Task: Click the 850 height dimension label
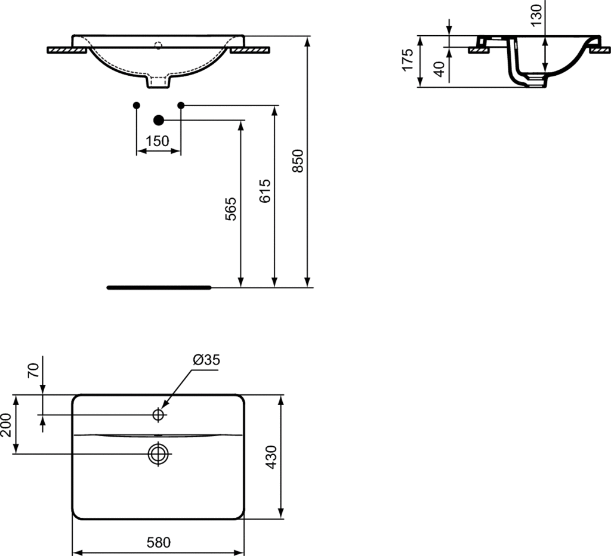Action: coord(297,160)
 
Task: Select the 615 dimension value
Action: coord(264,191)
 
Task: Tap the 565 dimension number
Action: coord(231,209)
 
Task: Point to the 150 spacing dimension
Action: coord(158,141)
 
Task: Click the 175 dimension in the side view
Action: coord(407,60)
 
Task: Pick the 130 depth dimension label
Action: coord(536,15)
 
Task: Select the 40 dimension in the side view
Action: coord(439,69)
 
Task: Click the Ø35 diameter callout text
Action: coord(206,359)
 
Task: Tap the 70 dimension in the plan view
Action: coord(34,370)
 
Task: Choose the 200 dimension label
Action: coord(6,425)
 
